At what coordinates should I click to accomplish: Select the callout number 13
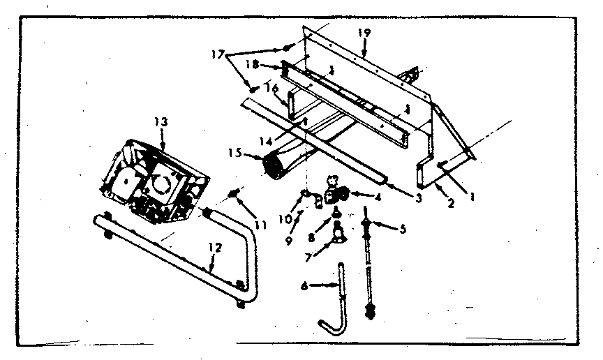pos(161,122)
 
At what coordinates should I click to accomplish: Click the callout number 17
pos(220,52)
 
